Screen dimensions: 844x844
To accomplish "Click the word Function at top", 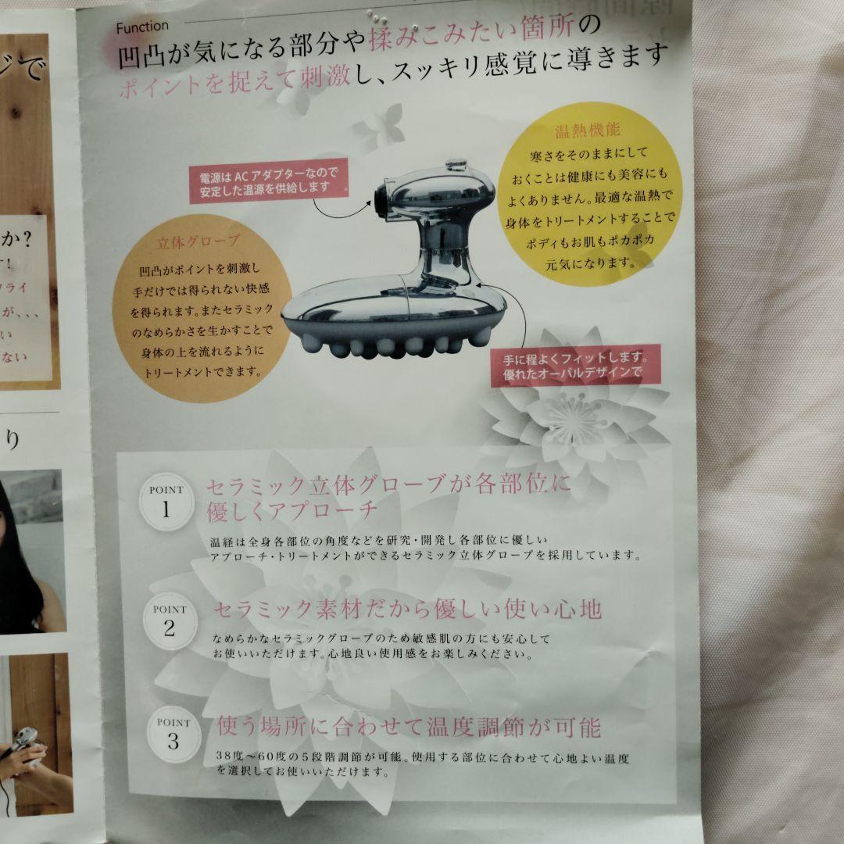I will point(141,27).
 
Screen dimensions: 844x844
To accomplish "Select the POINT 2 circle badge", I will point(170,622).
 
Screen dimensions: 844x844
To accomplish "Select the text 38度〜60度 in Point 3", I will point(254,757).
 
